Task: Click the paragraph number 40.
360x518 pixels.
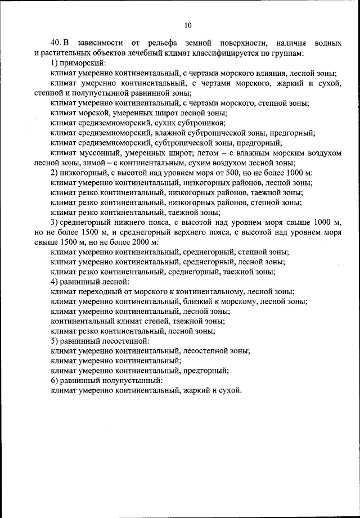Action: pos(56,43)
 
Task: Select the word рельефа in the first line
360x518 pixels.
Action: pos(163,43)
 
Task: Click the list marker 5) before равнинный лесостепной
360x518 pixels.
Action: pos(55,340)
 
